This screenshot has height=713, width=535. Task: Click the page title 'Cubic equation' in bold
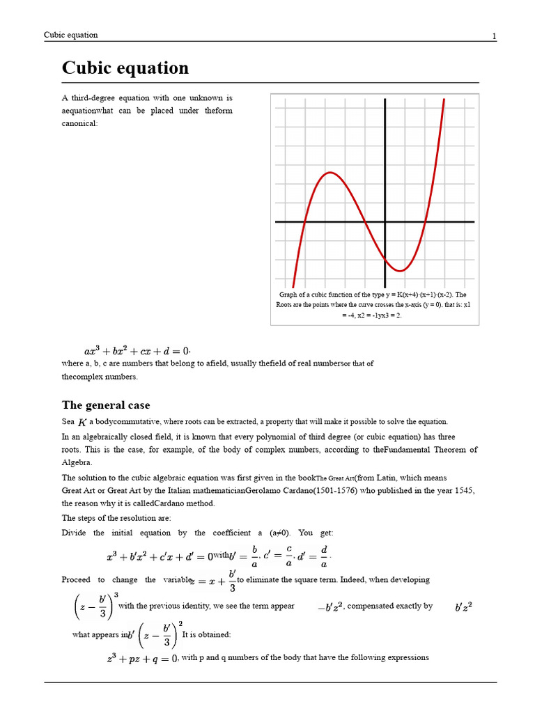point(125,68)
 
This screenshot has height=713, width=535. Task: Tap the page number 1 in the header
point(494,36)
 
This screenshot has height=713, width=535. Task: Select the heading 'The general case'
point(106,405)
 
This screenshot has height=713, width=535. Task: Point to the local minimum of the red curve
point(402,270)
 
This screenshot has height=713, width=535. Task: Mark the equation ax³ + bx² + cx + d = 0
point(137,351)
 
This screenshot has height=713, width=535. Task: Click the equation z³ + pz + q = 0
point(140,658)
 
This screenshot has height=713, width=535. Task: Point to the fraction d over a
point(323,556)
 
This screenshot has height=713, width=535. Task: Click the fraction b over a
point(254,556)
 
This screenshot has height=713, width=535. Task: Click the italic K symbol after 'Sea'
point(82,423)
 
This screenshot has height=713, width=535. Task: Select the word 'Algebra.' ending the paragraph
point(77,462)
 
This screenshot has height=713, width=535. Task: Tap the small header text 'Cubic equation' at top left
point(71,35)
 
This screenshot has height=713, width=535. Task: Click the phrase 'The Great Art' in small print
point(335,478)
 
